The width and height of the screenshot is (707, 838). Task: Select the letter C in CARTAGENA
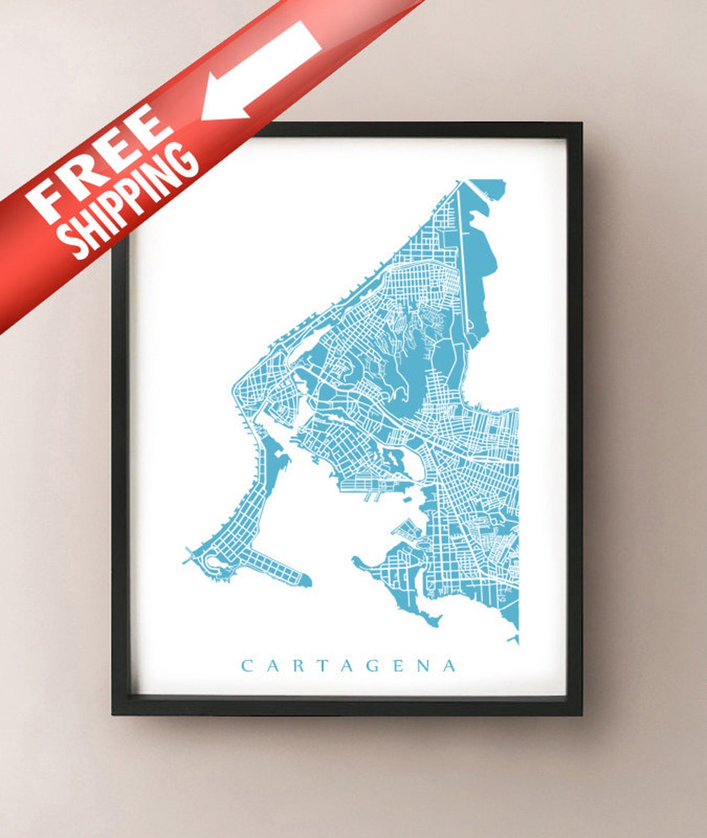(x=247, y=666)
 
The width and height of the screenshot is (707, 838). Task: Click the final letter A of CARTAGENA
(x=450, y=666)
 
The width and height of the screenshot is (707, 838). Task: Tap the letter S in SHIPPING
(x=77, y=244)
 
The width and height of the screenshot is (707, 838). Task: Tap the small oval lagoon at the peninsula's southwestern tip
(x=213, y=562)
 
